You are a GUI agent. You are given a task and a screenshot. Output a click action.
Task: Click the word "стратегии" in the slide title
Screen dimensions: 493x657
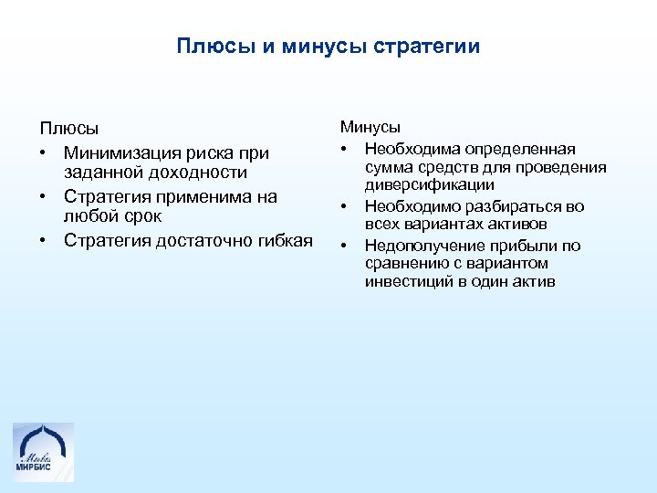pos(426,47)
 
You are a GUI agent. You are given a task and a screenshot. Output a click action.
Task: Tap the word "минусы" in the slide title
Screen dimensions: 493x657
pos(326,47)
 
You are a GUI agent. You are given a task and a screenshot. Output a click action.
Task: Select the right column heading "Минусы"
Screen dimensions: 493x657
pos(370,129)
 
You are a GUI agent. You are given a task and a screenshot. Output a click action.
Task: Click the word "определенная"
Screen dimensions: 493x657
pos(519,148)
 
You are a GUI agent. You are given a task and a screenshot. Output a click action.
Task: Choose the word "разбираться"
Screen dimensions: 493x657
pos(513,206)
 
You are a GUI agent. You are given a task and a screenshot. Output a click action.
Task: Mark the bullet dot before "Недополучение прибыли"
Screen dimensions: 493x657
pos(345,246)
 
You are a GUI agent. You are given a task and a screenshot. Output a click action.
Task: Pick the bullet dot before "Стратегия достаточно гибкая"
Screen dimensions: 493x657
pos(43,241)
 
